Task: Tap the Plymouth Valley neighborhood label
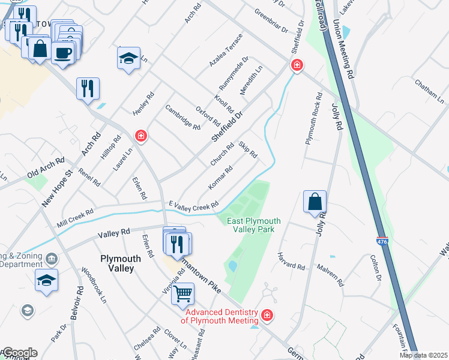coord(121,263)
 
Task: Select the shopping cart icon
coord(182,294)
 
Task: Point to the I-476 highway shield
coord(382,241)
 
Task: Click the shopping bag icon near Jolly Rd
coord(315,203)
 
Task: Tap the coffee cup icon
coord(63,52)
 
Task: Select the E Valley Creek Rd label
coord(193,205)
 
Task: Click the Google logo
coord(19,353)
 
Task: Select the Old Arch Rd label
coord(45,167)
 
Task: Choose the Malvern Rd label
coord(330,275)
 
